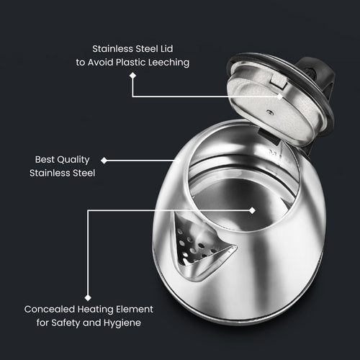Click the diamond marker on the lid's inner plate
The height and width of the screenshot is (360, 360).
(279, 94)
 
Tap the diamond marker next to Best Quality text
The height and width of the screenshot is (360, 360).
(104, 160)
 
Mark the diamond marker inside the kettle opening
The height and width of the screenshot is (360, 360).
(253, 210)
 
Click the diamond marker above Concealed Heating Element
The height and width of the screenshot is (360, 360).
(88, 294)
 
